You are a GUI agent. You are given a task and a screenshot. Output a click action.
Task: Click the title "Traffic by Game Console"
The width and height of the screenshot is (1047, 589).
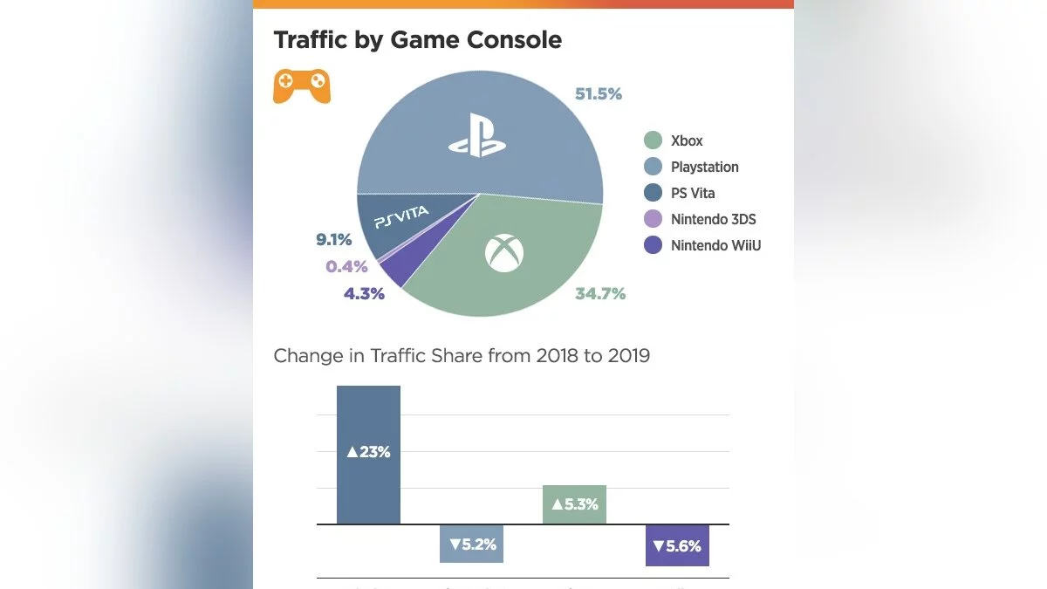pyautogui.click(x=417, y=40)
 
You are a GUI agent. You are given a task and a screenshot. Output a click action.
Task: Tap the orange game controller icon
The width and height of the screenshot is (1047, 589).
pyautogui.click(x=302, y=86)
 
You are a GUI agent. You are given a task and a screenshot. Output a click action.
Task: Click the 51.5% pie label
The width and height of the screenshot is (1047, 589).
pyautogui.click(x=599, y=93)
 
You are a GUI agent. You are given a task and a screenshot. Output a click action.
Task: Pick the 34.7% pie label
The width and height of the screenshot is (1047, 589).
pyautogui.click(x=599, y=294)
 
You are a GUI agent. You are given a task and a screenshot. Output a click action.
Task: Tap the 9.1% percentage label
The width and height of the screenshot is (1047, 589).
pyautogui.click(x=334, y=239)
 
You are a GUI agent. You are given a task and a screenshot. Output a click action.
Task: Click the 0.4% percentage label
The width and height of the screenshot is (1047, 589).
pyautogui.click(x=346, y=267)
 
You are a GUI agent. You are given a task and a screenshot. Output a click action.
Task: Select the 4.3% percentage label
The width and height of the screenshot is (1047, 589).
pyautogui.click(x=364, y=294)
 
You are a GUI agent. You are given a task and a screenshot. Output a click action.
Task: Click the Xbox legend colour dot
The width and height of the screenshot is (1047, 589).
pyautogui.click(x=652, y=140)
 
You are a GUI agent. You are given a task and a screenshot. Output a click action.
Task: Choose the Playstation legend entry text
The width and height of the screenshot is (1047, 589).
pyautogui.click(x=704, y=167)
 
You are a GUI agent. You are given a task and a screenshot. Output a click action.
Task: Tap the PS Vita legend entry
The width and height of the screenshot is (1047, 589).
pyautogui.click(x=693, y=193)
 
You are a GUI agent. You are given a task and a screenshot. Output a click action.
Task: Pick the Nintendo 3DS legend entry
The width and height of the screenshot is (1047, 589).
pyautogui.click(x=713, y=219)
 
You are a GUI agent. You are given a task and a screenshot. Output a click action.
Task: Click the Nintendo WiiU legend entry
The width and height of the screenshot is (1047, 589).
pyautogui.click(x=715, y=245)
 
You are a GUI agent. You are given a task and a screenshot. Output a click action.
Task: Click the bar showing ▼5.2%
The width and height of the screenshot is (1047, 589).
pyautogui.click(x=471, y=544)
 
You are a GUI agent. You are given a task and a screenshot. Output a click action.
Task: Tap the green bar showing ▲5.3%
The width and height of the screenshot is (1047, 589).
pyautogui.click(x=574, y=504)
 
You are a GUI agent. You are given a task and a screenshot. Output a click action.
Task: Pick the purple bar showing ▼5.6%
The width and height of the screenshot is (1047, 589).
pyautogui.click(x=677, y=545)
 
